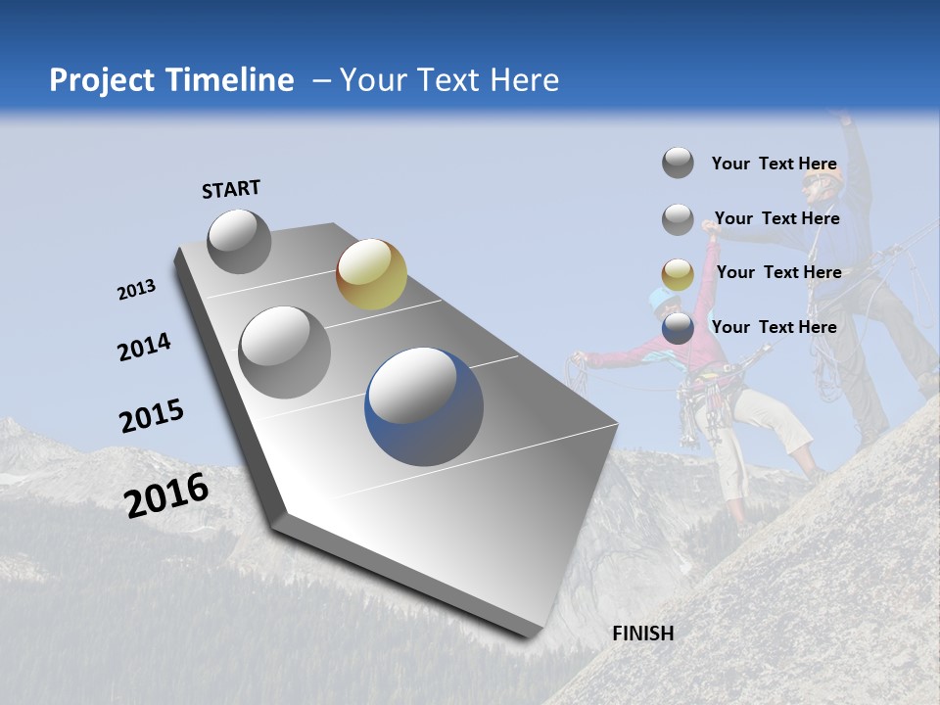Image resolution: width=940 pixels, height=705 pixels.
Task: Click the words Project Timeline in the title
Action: coord(171,80)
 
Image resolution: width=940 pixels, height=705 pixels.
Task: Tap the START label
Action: coord(231,189)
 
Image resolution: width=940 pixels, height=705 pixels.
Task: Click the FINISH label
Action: coord(643,634)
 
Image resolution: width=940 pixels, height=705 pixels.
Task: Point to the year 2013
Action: coord(136,290)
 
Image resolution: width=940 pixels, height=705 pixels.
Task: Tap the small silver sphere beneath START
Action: coord(239,241)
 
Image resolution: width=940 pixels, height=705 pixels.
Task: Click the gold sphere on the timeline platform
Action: coord(371,274)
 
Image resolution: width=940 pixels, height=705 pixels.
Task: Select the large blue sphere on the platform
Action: coord(424,405)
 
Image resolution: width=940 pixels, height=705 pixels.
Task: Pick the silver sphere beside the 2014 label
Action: coord(285,352)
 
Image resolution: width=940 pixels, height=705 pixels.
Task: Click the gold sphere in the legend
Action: coord(678,275)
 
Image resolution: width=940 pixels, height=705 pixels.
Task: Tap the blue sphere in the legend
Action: coord(678,329)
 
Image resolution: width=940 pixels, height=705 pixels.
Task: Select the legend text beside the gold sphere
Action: coord(778,272)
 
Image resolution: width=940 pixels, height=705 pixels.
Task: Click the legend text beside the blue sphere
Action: coord(774,327)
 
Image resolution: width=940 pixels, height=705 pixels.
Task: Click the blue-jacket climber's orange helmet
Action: coord(823,176)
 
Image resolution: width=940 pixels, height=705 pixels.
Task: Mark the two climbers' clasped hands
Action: coord(711,226)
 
